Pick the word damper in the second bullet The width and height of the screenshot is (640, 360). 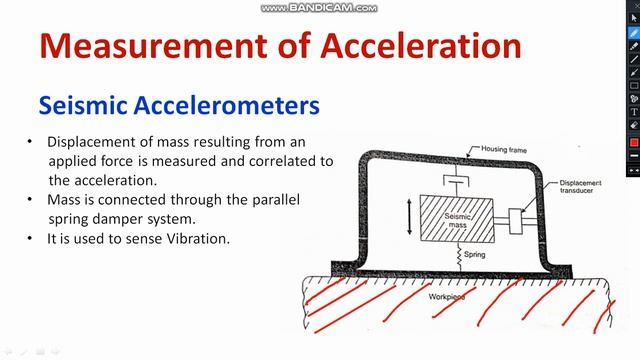point(186,218)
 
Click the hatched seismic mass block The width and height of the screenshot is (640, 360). point(454,219)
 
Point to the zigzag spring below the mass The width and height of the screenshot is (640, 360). point(459,257)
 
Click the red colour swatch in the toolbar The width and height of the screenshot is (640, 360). point(633,142)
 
